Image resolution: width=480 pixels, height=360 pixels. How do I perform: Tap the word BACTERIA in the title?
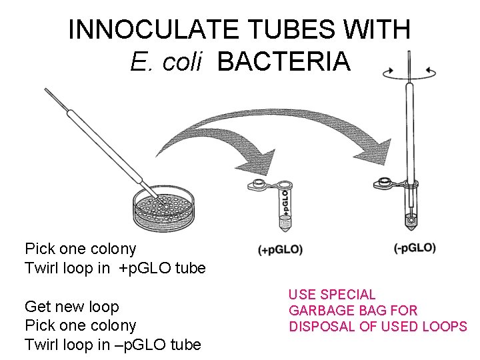click(x=283, y=61)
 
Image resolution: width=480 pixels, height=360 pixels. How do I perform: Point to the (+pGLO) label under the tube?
click(x=280, y=250)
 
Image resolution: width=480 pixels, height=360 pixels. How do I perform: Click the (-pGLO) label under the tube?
click(x=415, y=248)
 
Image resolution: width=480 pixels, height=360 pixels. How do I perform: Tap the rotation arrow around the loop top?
click(x=409, y=70)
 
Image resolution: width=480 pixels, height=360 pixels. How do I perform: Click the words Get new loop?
click(x=72, y=307)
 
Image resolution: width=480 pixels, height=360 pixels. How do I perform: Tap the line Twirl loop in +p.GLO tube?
click(x=115, y=268)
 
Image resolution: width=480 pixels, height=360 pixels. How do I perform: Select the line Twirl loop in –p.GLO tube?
click(x=113, y=344)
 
